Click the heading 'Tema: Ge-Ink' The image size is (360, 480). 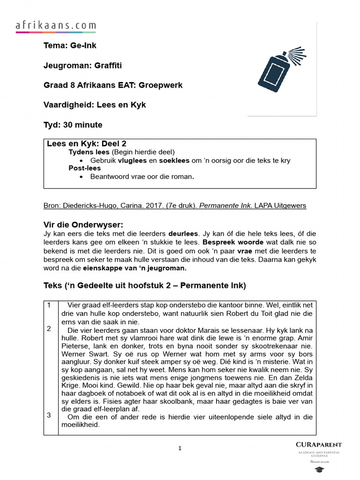70,45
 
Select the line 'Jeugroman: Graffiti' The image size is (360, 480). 82,66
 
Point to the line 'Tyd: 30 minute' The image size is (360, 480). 73,125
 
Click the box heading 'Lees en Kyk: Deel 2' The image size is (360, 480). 87,144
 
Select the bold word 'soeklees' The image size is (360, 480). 174,160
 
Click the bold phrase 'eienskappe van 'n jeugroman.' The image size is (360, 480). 135,268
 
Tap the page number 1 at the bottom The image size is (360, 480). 180,449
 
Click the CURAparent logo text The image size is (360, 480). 319,444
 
